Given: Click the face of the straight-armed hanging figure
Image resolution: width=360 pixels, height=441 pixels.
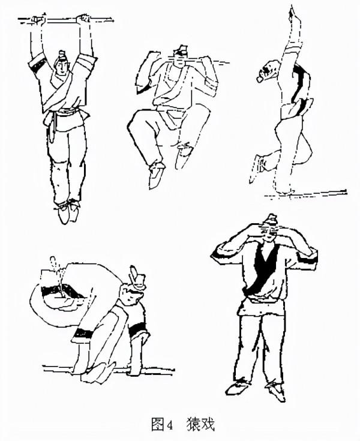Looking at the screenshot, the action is (61, 67).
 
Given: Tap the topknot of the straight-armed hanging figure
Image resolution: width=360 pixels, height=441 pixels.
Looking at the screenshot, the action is (62, 54).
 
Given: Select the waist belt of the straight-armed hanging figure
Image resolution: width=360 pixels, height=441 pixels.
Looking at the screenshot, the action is (65, 115).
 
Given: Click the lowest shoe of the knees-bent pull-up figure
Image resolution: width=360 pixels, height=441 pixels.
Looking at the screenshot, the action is (157, 175).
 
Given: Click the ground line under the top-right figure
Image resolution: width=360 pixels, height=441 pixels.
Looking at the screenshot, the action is (305, 194).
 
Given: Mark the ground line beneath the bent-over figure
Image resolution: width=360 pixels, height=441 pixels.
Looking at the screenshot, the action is (108, 368).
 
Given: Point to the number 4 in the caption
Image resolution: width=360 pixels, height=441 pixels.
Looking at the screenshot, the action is (170, 425).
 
